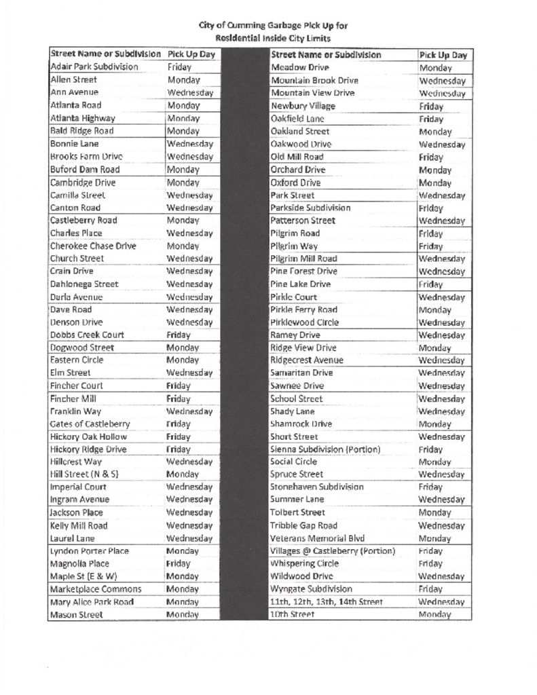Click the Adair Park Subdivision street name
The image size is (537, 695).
[x=94, y=67]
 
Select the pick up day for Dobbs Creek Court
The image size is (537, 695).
[x=179, y=335]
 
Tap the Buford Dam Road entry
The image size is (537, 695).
[x=85, y=169]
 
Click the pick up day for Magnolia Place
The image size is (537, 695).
[x=179, y=563]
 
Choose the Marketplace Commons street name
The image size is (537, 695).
[x=96, y=589]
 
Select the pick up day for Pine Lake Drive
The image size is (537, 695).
[x=430, y=284]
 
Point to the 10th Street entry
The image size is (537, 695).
[x=292, y=614]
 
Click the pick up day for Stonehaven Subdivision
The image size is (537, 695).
[x=430, y=487]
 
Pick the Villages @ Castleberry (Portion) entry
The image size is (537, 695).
[x=333, y=551]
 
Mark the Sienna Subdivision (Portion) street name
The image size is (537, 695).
[x=325, y=449]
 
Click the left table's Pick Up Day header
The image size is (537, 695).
[x=191, y=54]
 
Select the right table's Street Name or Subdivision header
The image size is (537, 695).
[x=326, y=54]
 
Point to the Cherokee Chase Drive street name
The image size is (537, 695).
[x=92, y=246]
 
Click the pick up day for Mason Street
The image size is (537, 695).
[x=182, y=615]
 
